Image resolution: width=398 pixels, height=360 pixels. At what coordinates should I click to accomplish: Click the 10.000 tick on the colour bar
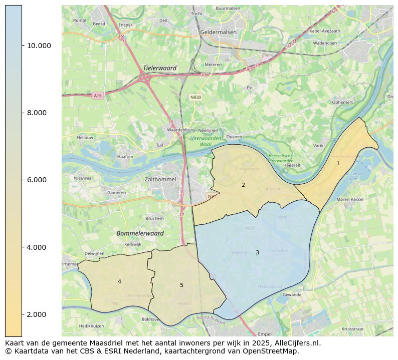click(22, 46)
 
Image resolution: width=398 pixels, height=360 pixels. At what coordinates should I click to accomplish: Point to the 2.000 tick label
click(39, 314)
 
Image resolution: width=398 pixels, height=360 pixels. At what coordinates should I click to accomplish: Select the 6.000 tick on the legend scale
click(22, 180)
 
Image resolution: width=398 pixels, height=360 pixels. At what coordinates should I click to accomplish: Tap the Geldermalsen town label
click(218, 32)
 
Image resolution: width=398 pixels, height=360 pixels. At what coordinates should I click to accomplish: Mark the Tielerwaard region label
click(159, 68)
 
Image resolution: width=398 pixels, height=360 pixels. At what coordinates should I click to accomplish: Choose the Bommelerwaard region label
click(140, 233)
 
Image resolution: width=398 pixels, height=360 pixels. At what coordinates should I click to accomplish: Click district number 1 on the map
click(338, 163)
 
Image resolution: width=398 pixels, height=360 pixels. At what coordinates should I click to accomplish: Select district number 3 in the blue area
click(257, 252)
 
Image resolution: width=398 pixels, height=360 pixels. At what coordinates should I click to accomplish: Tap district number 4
click(119, 281)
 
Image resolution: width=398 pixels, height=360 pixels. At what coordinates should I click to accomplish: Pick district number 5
click(181, 285)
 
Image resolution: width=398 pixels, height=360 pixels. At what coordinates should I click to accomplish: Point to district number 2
click(243, 185)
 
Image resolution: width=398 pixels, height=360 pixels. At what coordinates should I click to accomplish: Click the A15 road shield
click(97, 96)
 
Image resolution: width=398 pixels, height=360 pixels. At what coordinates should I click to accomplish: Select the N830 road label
click(196, 97)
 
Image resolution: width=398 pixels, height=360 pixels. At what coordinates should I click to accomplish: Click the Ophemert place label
click(342, 102)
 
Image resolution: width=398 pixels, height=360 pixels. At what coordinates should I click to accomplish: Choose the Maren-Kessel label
click(350, 200)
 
